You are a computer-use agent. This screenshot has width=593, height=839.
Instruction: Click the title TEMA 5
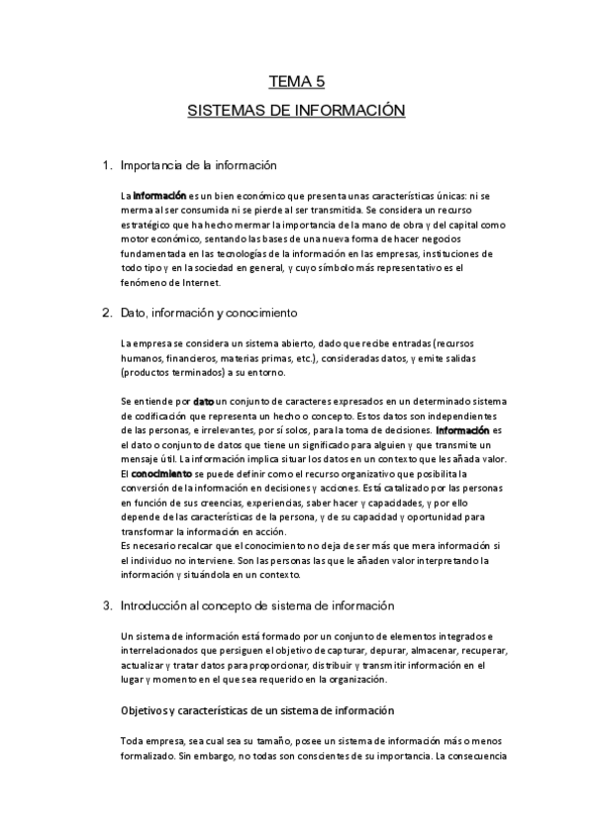[297, 82]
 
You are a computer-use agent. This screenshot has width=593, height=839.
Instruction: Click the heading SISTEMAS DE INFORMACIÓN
[297, 111]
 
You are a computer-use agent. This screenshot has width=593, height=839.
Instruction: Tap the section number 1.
[107, 165]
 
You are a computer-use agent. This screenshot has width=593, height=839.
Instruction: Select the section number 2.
[107, 314]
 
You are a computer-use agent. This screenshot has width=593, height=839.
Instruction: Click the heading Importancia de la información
[197, 165]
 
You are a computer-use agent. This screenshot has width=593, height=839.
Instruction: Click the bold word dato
[203, 403]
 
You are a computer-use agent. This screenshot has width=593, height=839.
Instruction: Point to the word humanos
[139, 358]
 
